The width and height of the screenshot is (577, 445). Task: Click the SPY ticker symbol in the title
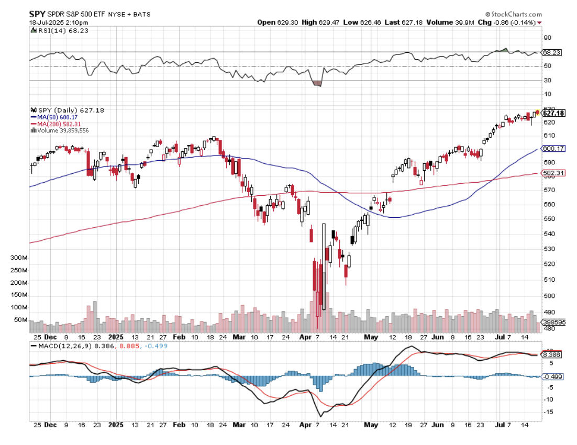36,14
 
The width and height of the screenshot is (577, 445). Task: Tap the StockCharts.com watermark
516,15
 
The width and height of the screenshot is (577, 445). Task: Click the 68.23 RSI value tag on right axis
552,52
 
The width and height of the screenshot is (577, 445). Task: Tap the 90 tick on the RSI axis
547,38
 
